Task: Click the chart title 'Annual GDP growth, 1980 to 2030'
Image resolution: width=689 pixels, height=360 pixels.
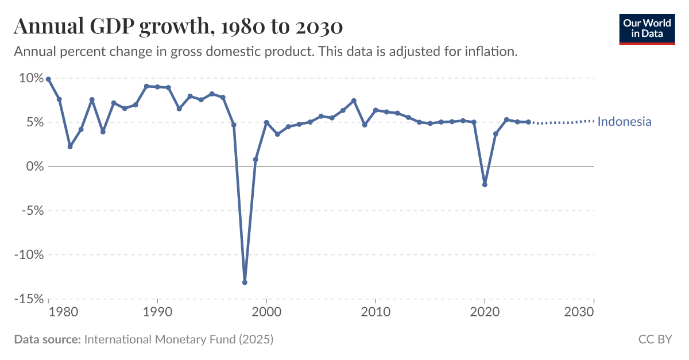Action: pos(178,26)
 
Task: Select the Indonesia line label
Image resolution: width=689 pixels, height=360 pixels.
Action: pos(624,122)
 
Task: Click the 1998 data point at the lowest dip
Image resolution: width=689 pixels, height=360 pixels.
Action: pos(245,282)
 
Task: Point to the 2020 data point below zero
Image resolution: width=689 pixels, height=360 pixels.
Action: pos(485,185)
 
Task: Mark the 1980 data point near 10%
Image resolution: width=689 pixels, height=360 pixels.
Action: pos(48,79)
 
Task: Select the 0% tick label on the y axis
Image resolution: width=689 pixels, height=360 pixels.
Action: pos(33,167)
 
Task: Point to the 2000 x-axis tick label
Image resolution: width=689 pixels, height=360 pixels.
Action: pos(266,312)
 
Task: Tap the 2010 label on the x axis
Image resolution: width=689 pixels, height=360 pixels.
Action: pos(376,312)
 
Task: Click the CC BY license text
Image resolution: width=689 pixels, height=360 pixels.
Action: pos(655,340)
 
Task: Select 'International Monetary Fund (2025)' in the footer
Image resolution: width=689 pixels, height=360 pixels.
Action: pos(179,340)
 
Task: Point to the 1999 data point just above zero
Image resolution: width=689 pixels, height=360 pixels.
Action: pos(256,159)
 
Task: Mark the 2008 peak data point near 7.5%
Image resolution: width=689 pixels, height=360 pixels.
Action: pos(354,101)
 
